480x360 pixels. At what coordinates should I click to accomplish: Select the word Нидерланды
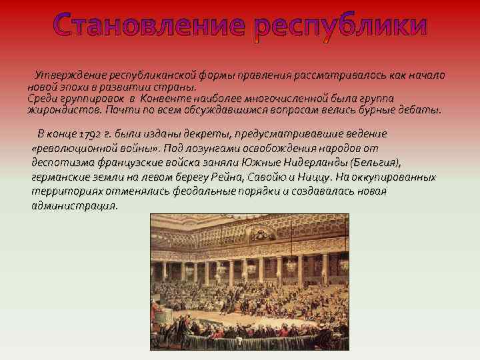[315, 162]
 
